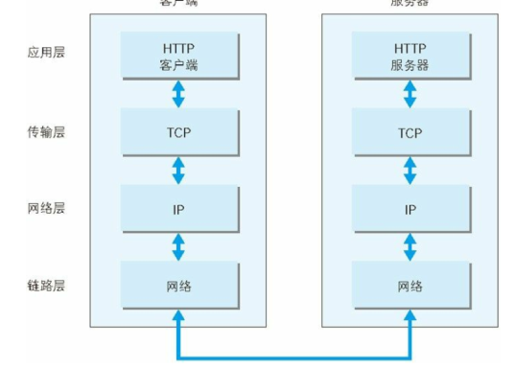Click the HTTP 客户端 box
178,56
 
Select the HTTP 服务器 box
410,56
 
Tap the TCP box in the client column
178,132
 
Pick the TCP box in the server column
410,132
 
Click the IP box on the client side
178,209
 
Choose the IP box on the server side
410,209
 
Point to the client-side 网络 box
178,286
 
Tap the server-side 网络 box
410,286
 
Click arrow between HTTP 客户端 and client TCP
178,94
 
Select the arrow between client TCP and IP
178,171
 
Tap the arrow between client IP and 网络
178,247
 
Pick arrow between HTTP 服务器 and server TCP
410,94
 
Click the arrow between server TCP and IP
410,171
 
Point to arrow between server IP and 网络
410,247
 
